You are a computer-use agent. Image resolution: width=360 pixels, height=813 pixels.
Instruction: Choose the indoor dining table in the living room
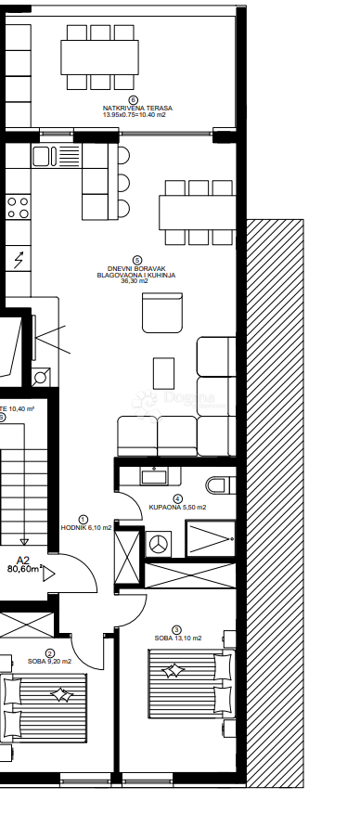198,212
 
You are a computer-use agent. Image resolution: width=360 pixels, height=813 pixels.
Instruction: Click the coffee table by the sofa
164,374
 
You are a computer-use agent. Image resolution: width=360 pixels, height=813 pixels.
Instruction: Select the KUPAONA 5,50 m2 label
177,508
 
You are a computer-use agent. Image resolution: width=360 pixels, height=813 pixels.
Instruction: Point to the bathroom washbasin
154,477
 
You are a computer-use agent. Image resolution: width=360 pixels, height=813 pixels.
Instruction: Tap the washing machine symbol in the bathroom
159,543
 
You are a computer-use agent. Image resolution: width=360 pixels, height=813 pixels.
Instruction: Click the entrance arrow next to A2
49,572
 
